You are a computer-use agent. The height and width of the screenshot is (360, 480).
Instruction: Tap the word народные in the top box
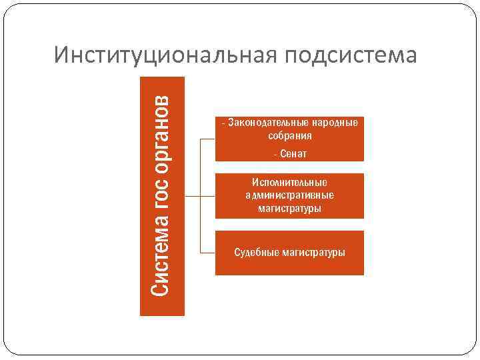coord(335,123)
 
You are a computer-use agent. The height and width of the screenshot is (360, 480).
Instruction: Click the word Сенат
coord(293,154)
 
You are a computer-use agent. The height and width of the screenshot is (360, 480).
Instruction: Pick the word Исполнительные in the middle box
coord(289,182)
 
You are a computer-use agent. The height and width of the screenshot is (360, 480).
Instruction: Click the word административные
coord(289,195)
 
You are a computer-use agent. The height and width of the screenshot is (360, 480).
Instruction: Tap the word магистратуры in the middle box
coord(289,209)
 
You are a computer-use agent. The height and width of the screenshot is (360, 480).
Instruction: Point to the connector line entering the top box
coord(207,139)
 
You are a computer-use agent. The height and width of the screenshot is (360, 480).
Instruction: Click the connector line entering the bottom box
coord(207,253)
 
